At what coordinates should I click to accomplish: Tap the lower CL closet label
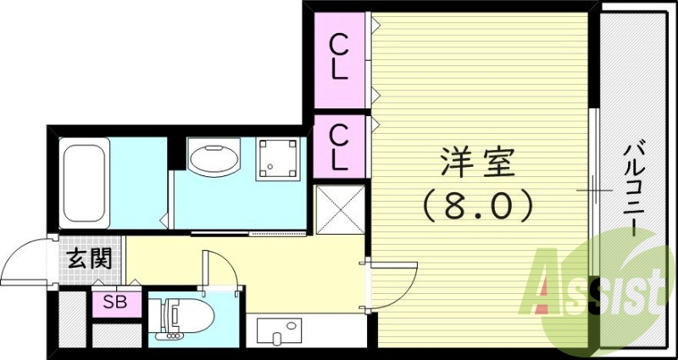339,146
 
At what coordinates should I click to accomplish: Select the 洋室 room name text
478,162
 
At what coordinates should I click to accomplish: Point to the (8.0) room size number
478,203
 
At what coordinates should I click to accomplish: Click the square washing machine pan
277,158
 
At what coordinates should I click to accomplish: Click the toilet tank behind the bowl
164,317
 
